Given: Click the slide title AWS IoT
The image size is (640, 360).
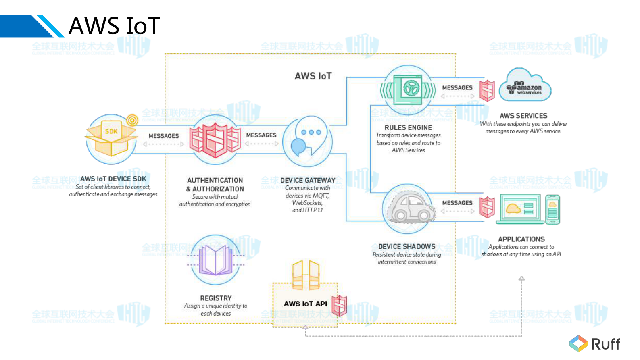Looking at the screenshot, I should coord(114,26).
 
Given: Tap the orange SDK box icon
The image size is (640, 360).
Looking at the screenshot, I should coord(111,139).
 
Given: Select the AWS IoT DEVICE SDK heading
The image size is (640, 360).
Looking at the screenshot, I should coord(113,179).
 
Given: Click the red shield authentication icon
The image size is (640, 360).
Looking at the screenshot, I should coord(215,140).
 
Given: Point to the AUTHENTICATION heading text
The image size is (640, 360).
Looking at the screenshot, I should coord(215,180).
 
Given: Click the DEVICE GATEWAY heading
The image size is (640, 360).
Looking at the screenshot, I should coord(308,180).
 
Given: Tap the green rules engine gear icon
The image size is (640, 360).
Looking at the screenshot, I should coord(408,89).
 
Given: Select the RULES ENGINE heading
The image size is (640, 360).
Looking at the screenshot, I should coord(408,127).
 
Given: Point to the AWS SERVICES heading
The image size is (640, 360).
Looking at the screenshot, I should coord(523,116).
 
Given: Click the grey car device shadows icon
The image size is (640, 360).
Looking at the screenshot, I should coord(408,208).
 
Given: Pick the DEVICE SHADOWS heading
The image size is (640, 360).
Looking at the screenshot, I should coord(407,246).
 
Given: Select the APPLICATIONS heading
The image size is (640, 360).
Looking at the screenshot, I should coord(521,239).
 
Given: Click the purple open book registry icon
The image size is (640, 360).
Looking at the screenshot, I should coord(216,260).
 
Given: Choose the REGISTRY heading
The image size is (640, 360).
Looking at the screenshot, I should coord(216,298).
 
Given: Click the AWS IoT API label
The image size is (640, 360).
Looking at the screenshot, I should coord(305,304).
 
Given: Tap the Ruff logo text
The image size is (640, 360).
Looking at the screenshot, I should coord(606,344).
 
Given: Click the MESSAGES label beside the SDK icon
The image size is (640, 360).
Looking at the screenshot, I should coord(163,136).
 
